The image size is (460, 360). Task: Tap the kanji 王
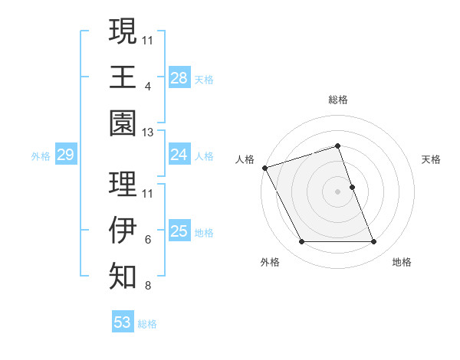123,77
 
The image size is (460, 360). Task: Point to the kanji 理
123,183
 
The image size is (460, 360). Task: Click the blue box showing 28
179,77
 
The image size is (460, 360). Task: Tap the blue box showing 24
179,155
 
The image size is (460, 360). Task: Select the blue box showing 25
179,231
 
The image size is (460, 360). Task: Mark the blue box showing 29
65,155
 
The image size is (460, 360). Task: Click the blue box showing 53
122,322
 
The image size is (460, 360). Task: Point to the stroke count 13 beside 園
148,133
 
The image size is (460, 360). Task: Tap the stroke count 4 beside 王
147,87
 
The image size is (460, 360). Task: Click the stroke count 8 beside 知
147,286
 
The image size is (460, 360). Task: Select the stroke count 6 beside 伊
147,240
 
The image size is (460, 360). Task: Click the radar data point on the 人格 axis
264,168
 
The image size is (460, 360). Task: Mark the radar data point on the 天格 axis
352,187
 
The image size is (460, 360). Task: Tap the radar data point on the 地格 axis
373,242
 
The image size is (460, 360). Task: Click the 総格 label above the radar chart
337,100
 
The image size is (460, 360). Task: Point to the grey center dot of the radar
337,191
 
